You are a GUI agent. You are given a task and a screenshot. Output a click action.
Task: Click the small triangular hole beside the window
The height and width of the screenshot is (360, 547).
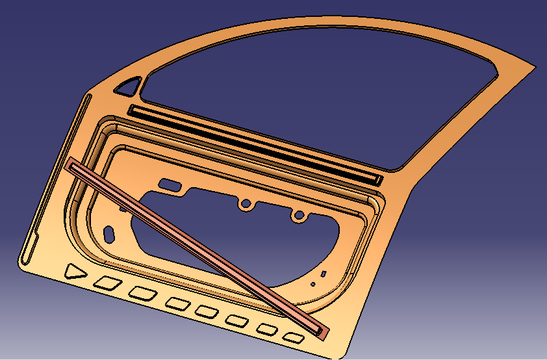(129, 86)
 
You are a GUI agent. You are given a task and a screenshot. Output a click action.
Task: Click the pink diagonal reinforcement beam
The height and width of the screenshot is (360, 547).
(195, 248)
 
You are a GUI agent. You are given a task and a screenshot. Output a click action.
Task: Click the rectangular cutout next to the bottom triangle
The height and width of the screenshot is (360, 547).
(108, 283)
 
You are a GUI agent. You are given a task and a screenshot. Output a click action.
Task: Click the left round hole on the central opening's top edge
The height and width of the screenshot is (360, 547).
(246, 204)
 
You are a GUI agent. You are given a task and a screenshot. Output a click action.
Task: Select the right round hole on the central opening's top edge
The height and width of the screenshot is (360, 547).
(298, 214)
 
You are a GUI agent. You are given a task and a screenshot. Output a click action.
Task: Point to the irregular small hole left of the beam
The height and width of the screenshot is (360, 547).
(111, 231)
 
